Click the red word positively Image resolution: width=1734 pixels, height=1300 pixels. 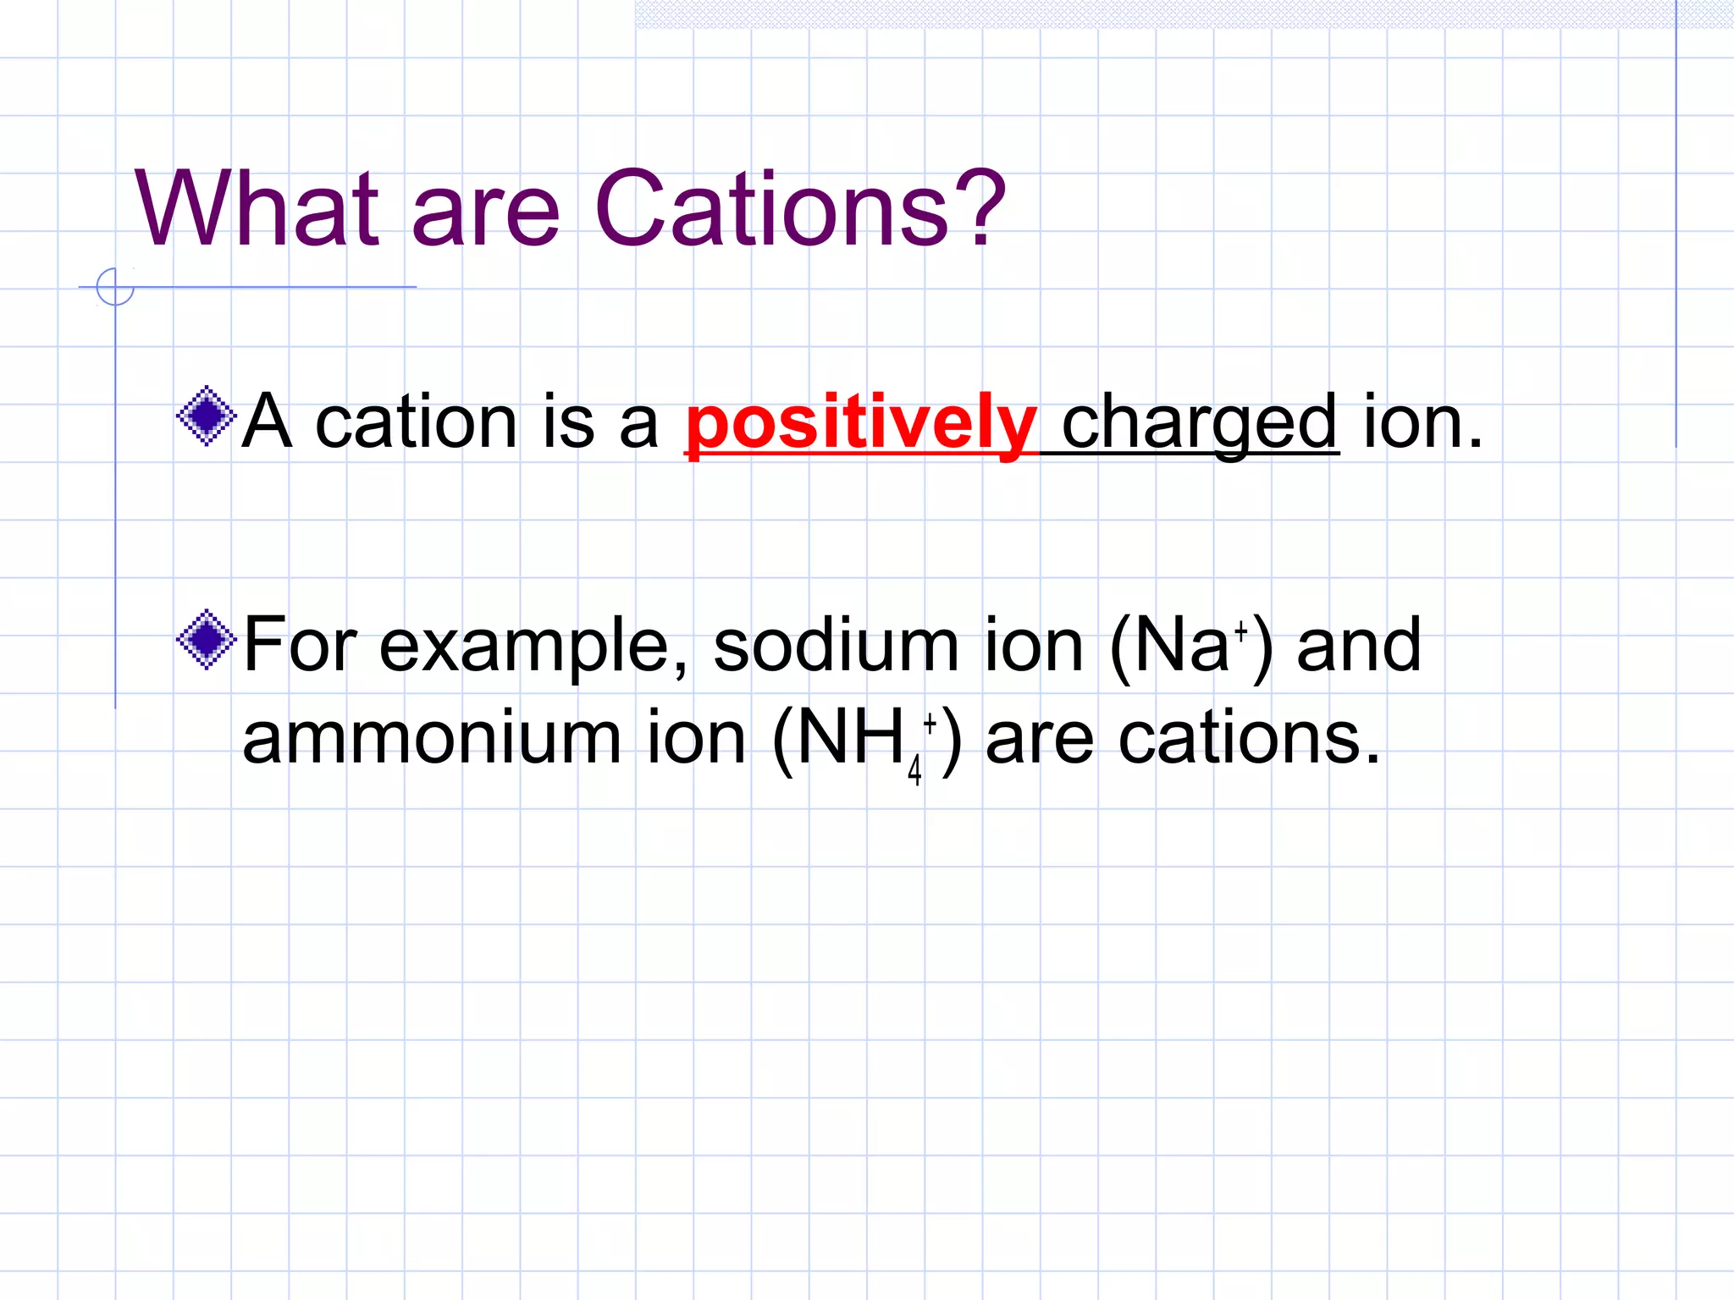(860, 424)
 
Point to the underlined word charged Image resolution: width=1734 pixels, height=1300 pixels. (1199, 424)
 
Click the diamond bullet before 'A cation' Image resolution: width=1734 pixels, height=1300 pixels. (206, 416)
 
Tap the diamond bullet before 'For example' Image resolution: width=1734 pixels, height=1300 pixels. (206, 640)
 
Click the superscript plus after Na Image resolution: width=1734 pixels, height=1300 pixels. (1240, 631)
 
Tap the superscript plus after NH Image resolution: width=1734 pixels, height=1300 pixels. (930, 723)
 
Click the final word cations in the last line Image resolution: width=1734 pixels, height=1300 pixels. (1248, 738)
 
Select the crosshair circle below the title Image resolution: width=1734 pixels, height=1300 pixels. (115, 287)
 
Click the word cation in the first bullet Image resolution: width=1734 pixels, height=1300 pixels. (415, 422)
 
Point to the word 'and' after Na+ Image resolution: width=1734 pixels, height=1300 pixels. (1358, 646)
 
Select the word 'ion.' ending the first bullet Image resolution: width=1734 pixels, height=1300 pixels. (1422, 422)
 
